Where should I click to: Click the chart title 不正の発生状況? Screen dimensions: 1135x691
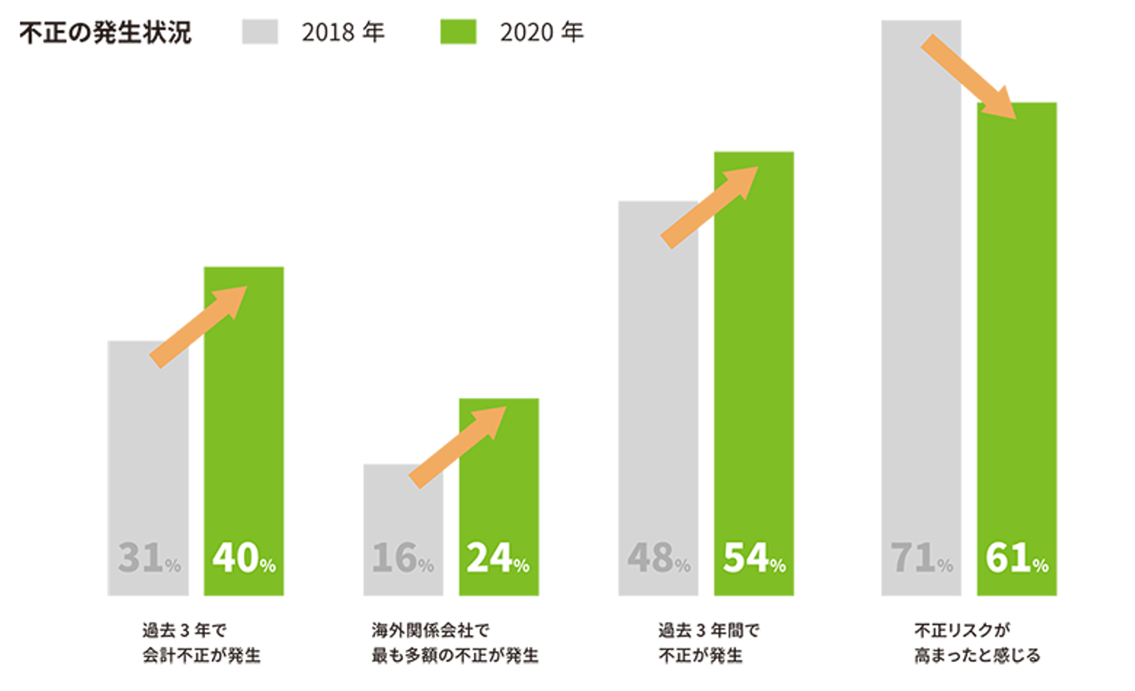click(x=106, y=33)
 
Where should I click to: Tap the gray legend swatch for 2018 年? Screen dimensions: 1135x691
click(x=260, y=32)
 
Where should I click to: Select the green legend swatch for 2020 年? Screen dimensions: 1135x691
click(x=458, y=32)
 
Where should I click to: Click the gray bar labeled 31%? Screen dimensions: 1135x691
click(x=148, y=468)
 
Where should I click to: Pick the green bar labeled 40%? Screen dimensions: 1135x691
click(x=244, y=431)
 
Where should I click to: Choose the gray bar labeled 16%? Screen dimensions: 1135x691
click(x=404, y=530)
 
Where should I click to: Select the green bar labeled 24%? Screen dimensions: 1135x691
click(x=499, y=497)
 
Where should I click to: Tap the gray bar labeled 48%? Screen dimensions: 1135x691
click(x=658, y=398)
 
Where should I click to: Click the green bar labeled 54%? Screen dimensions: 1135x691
click(x=754, y=373)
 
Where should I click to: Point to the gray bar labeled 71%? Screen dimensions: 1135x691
click(x=921, y=308)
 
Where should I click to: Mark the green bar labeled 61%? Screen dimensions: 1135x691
click(x=1017, y=349)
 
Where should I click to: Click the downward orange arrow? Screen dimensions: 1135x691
click(x=968, y=76)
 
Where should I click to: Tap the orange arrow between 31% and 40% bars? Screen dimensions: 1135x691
click(x=198, y=327)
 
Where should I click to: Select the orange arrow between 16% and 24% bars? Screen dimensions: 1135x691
click(x=457, y=448)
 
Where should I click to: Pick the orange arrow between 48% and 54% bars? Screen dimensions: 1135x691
click(x=709, y=208)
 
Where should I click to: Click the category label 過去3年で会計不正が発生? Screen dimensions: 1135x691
click(x=201, y=643)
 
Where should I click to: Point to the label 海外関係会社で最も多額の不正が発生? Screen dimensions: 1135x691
click(x=455, y=643)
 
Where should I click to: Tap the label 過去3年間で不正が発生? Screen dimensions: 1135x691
click(x=709, y=643)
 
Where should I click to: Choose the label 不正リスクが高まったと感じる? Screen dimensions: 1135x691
click(x=977, y=643)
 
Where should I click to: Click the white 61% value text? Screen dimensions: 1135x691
click(x=1017, y=558)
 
